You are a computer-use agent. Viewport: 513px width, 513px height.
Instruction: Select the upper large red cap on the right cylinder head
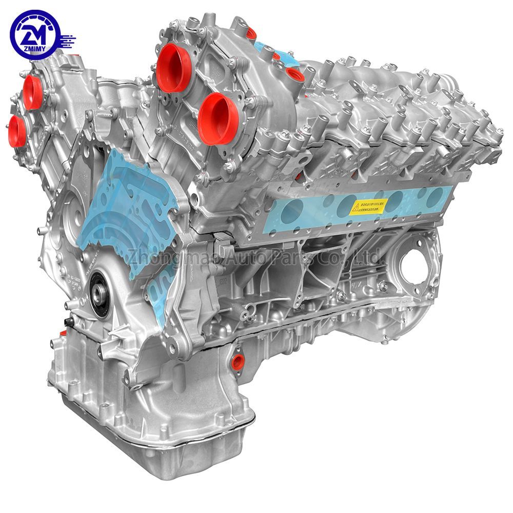(x=173, y=68)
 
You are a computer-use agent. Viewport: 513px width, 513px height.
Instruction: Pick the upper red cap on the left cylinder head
(x=32, y=92)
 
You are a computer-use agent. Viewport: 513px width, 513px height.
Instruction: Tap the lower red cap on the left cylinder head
(x=16, y=131)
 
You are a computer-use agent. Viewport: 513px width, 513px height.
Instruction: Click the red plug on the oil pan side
(x=237, y=361)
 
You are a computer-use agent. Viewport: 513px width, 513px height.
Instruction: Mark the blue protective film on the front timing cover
(x=123, y=205)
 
